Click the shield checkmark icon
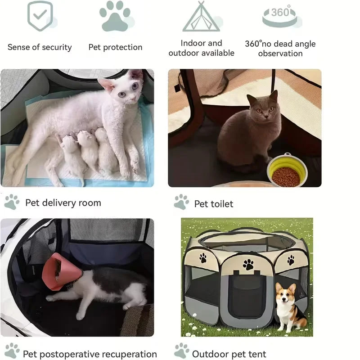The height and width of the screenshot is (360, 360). (x=39, y=16)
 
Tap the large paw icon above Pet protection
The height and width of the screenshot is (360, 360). (x=115, y=16)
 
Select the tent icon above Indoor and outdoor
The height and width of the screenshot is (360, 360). (x=201, y=17)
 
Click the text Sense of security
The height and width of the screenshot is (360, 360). (x=40, y=47)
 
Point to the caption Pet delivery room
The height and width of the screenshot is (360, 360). (x=63, y=202)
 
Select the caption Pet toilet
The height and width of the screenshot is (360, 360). (x=214, y=204)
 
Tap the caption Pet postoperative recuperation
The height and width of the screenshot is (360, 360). (x=90, y=354)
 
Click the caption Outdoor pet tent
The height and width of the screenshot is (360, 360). (x=229, y=354)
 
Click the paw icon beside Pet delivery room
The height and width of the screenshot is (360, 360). (x=12, y=202)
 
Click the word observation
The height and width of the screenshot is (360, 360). (x=280, y=54)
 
